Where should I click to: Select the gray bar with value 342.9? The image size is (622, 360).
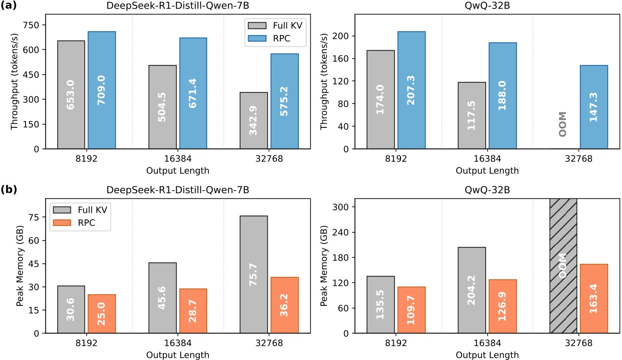[x=254, y=121]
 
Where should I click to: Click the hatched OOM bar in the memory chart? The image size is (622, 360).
[x=563, y=265]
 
